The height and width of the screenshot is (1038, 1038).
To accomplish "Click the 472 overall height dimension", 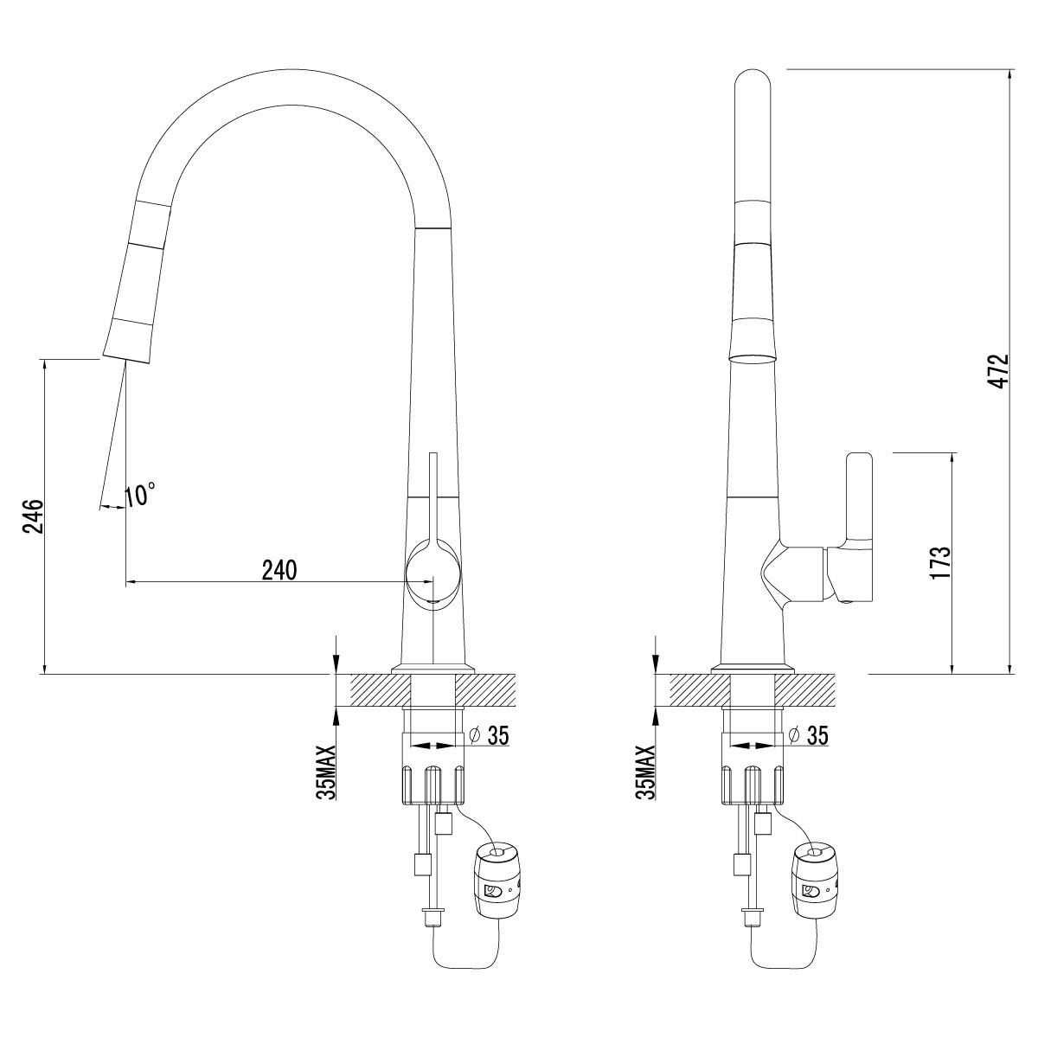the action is click(999, 372).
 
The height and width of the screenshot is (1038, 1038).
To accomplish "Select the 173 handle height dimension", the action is click(939, 563).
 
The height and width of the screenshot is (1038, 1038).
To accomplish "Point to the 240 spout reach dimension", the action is click(279, 570).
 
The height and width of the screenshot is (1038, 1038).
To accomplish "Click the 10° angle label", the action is click(141, 495).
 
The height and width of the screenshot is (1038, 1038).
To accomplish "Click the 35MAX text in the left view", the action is click(326, 772).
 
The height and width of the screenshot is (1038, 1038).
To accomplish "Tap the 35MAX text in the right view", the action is click(645, 772).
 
